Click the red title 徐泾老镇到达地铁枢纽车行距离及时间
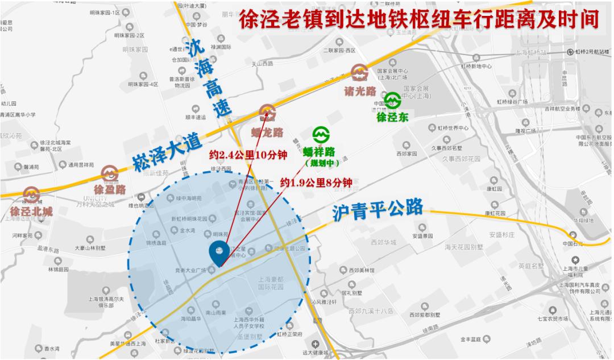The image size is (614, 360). click(418, 21)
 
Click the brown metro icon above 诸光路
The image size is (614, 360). click(360, 72)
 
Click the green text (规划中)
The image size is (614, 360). click(322, 163)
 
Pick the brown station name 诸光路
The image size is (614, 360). click(360, 90)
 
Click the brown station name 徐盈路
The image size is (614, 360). click(110, 189)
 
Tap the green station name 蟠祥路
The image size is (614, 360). click(318, 151)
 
